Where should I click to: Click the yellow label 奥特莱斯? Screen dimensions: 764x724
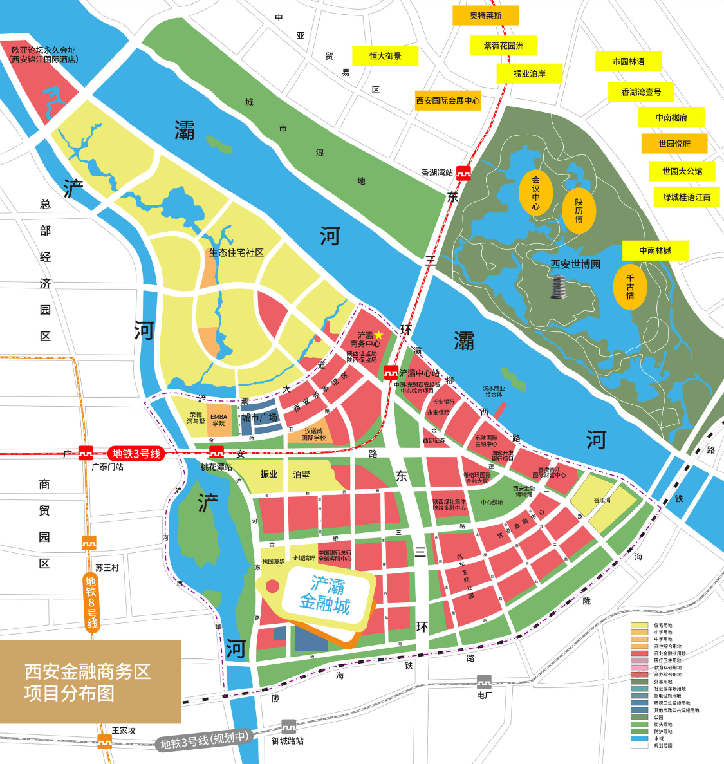tap(485, 15)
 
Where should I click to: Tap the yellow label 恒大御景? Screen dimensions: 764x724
tap(385, 56)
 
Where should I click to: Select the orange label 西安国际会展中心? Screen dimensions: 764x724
tap(448, 100)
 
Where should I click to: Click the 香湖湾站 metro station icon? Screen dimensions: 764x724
tap(463, 172)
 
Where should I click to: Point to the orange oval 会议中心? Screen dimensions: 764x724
tap(535, 192)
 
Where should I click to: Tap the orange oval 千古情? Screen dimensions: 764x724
tap(630, 287)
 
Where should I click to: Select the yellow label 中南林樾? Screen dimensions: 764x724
tap(655, 250)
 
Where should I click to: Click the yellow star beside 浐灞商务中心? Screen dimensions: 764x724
tap(379, 335)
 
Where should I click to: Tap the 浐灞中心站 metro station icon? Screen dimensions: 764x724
tap(391, 373)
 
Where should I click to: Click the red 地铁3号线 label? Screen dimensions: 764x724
tap(136, 454)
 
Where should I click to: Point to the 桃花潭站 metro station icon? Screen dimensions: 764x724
tap(216, 453)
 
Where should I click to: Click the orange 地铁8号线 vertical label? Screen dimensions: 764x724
tap(91, 602)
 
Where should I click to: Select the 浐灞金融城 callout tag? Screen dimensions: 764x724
tap(325, 595)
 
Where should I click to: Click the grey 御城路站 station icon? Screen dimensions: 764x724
tap(288, 726)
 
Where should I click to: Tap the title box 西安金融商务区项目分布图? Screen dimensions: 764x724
tap(89, 682)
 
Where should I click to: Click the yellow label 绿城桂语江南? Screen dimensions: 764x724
tap(687, 197)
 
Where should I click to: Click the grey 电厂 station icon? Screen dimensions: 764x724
tap(484, 682)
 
